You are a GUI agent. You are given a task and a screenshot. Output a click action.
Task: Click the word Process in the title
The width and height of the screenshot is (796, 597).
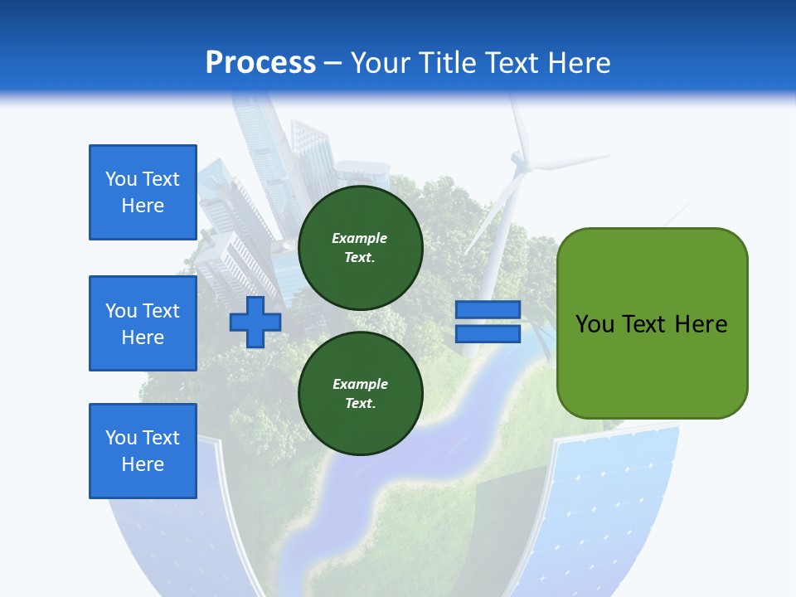(x=260, y=62)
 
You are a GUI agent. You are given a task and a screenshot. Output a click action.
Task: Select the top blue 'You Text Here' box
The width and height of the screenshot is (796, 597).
(x=143, y=192)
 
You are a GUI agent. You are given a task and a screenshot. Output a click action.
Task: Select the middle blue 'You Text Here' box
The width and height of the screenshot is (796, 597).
(x=143, y=323)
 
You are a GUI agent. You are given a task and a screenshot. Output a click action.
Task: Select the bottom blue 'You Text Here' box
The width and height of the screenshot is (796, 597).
(x=143, y=451)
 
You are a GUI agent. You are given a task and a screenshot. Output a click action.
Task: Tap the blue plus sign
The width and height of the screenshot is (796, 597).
(x=255, y=322)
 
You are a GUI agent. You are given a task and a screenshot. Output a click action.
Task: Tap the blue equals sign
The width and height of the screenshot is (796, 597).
(x=488, y=322)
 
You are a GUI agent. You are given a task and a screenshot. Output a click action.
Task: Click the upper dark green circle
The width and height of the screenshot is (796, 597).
(x=360, y=248)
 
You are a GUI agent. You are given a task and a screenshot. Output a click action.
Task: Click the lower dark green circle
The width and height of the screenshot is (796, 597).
(x=360, y=394)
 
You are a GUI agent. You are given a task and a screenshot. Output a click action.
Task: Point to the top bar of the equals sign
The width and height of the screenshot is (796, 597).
(x=488, y=310)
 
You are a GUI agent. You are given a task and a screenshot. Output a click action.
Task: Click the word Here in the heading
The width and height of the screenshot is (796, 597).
(x=580, y=62)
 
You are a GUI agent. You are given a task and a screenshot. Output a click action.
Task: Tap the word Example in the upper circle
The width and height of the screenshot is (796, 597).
(x=360, y=238)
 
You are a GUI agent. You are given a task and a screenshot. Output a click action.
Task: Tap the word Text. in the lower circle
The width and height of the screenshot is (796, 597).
(x=360, y=404)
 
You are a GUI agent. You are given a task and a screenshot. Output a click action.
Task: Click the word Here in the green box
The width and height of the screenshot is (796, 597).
(x=701, y=323)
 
